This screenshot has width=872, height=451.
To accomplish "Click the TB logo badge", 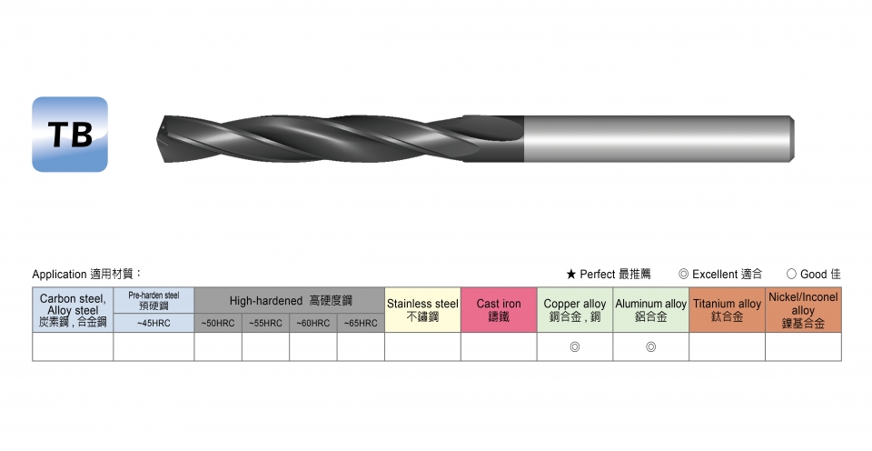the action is [x=70, y=135].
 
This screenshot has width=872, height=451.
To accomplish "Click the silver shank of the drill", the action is [x=659, y=139].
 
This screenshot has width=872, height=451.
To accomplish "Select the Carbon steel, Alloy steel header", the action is [x=73, y=310].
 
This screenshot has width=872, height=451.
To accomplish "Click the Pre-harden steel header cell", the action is [x=154, y=301].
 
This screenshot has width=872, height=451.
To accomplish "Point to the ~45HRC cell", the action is [x=154, y=323].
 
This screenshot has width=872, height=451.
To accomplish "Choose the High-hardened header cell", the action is [x=290, y=301].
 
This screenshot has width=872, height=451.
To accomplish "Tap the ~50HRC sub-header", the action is [x=218, y=323].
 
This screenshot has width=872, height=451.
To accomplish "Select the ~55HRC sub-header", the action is [x=265, y=323].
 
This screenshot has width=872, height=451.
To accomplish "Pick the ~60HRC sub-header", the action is [x=313, y=323].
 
